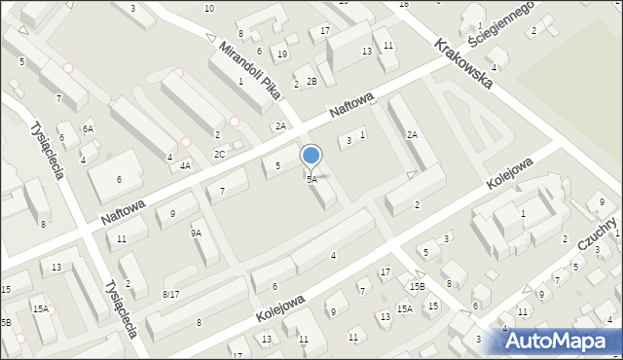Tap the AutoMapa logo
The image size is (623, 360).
click(x=559, y=340)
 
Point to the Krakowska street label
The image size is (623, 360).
click(x=464, y=63)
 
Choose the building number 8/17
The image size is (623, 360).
click(x=171, y=294)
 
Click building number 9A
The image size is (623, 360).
click(x=196, y=233)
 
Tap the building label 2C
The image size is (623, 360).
click(x=220, y=154)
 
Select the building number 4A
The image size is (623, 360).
click(x=185, y=166)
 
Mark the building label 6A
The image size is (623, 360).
click(x=88, y=129)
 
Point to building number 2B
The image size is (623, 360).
click(x=311, y=81)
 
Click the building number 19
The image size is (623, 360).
click(x=281, y=54)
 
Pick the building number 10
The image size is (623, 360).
click(x=209, y=8)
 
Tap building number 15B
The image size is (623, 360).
click(x=417, y=286)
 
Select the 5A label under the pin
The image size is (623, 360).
click(x=311, y=180)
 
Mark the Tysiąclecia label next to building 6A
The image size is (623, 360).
click(x=47, y=151)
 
